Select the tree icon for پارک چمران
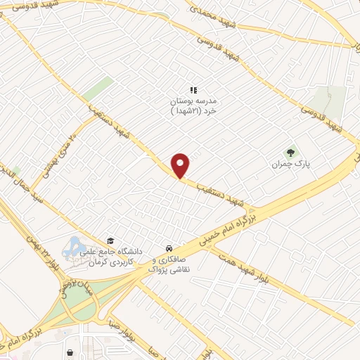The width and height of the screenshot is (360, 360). pyautogui.click(x=289, y=152)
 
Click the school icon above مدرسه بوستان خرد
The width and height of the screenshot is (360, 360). pyautogui.click(x=194, y=90)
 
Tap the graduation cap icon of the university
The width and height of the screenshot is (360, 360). pyautogui.click(x=110, y=240)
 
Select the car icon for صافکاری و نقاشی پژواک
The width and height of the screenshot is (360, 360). pyautogui.click(x=169, y=248)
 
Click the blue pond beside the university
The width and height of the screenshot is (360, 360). pyautogui.click(x=72, y=247)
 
